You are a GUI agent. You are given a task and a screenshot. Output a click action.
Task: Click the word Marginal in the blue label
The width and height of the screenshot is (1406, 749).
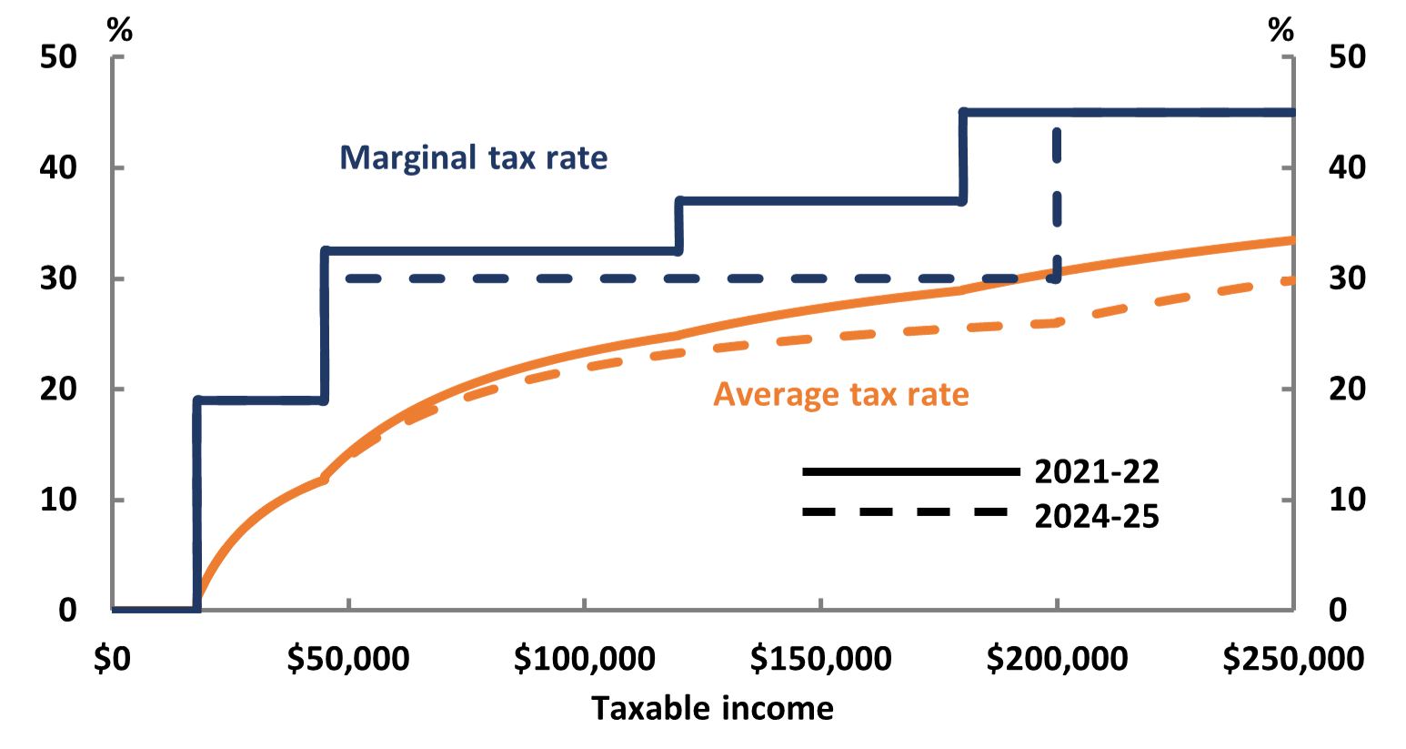coord(407,158)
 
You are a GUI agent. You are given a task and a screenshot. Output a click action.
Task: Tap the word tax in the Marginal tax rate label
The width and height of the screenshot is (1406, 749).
coord(512,158)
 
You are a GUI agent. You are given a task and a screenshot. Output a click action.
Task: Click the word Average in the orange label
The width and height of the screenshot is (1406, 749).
coord(775,395)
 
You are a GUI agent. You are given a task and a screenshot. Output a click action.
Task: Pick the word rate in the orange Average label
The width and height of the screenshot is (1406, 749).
coord(937,395)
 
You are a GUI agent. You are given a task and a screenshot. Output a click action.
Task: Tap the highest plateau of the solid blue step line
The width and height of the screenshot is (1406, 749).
coord(1128,112)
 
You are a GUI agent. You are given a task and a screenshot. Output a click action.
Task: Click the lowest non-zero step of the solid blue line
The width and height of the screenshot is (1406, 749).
coord(260,400)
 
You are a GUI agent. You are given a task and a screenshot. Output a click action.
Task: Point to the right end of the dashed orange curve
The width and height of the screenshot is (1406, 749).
coord(1291,280)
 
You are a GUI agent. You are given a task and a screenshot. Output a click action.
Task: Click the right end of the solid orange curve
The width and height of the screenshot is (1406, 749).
coord(1291,239)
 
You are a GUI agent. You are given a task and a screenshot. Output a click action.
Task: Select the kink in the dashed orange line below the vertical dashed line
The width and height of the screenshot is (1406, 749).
coord(1056,321)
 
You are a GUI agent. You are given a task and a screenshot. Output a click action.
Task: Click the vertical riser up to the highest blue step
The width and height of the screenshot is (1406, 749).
coord(963,156)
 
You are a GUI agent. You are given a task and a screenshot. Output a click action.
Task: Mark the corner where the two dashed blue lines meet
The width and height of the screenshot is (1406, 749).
coord(1056,278)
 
